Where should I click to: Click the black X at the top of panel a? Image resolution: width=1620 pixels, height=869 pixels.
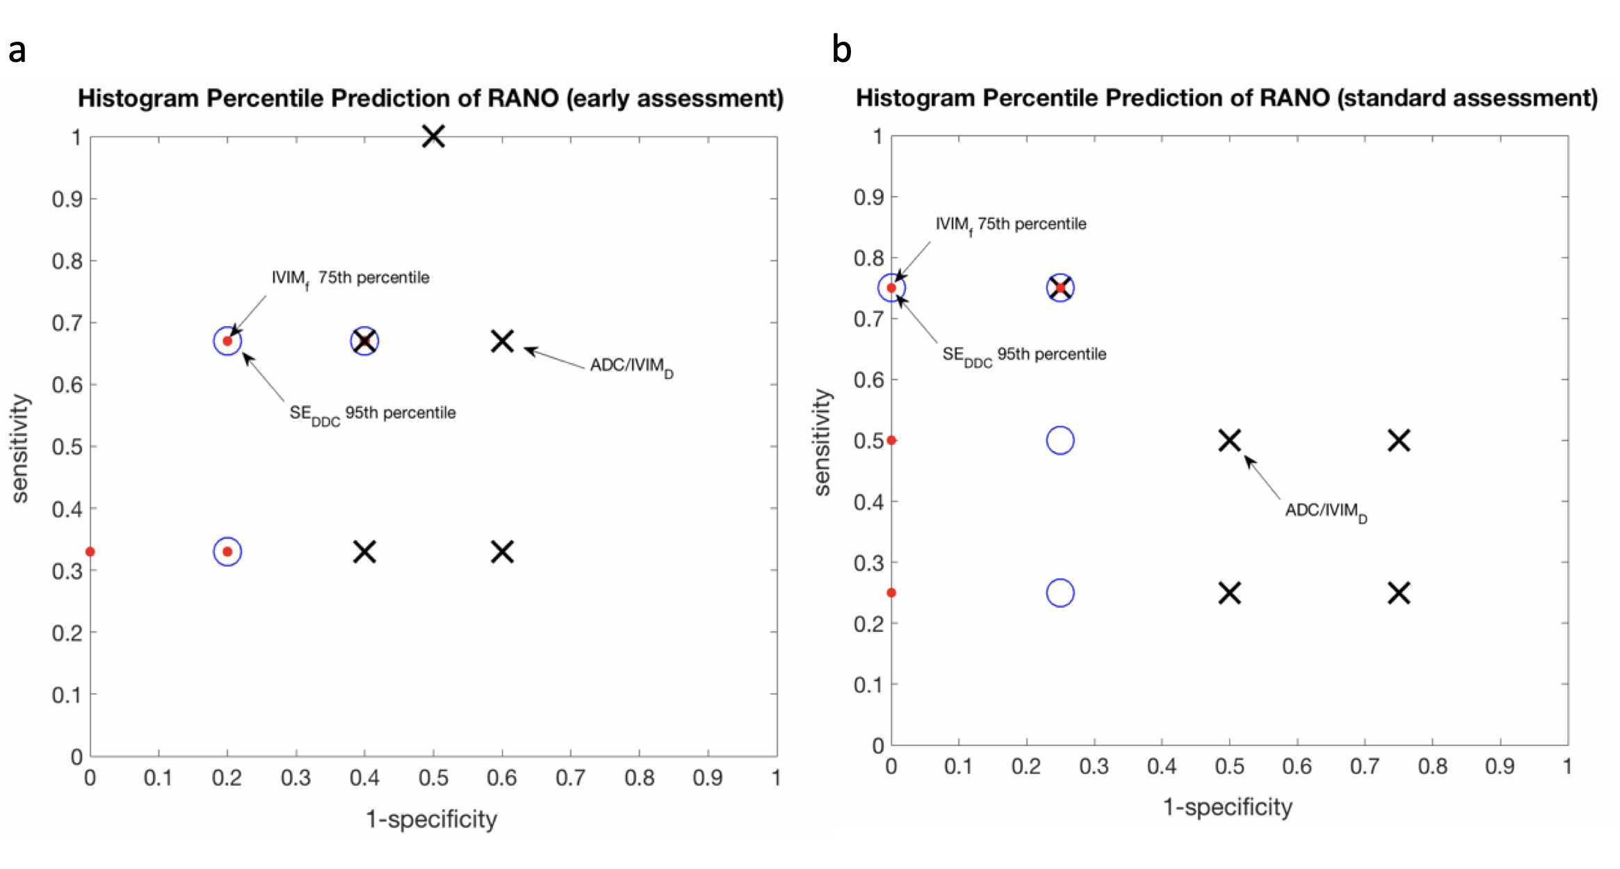(433, 136)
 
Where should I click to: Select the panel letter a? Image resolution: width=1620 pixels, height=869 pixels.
(17, 51)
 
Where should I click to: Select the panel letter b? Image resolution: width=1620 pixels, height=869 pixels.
(841, 51)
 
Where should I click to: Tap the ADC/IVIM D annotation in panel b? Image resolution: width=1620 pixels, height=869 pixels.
(1325, 512)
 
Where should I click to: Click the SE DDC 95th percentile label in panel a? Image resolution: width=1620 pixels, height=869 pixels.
(373, 414)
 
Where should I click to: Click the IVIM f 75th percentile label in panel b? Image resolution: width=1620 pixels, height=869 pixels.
(1010, 225)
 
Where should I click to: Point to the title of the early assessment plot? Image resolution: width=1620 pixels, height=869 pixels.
(430, 99)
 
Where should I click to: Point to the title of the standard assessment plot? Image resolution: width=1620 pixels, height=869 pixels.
(1226, 99)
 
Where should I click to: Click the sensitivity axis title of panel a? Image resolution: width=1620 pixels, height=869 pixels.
(20, 448)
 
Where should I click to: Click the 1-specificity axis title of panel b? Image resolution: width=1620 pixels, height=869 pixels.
(1228, 807)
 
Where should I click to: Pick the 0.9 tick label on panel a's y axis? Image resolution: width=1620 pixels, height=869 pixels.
(67, 200)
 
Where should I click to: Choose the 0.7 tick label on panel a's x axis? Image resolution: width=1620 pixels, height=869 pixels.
(570, 778)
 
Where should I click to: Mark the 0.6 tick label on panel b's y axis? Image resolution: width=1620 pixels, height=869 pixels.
(868, 380)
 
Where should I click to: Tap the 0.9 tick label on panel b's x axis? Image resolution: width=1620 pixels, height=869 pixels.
(1500, 766)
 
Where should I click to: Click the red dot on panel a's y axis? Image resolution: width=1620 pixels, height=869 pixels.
(90, 552)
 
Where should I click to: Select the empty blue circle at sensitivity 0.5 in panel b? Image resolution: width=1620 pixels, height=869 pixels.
(1060, 441)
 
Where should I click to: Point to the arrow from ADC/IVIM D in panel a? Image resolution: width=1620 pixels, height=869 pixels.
(554, 358)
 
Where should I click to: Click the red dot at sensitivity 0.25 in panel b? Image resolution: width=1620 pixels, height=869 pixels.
(891, 593)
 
